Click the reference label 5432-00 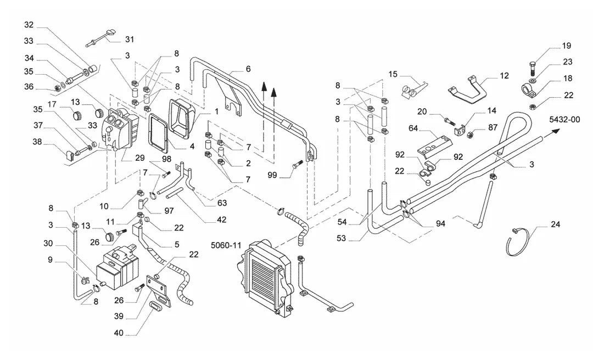pyautogui.click(x=564, y=120)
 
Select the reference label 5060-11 pyautogui.click(x=226, y=245)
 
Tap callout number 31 pyautogui.click(x=130, y=40)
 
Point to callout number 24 pyautogui.click(x=555, y=224)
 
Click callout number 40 pyautogui.click(x=119, y=332)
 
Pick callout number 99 pyautogui.click(x=272, y=176)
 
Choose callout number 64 pyautogui.click(x=413, y=128)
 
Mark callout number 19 pyautogui.click(x=566, y=46)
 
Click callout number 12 pyautogui.click(x=504, y=76)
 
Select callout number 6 pyautogui.click(x=248, y=69)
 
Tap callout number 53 pyautogui.click(x=342, y=238)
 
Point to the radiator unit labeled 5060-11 pyautogui.click(x=265, y=280)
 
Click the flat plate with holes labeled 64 pyautogui.click(x=435, y=146)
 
